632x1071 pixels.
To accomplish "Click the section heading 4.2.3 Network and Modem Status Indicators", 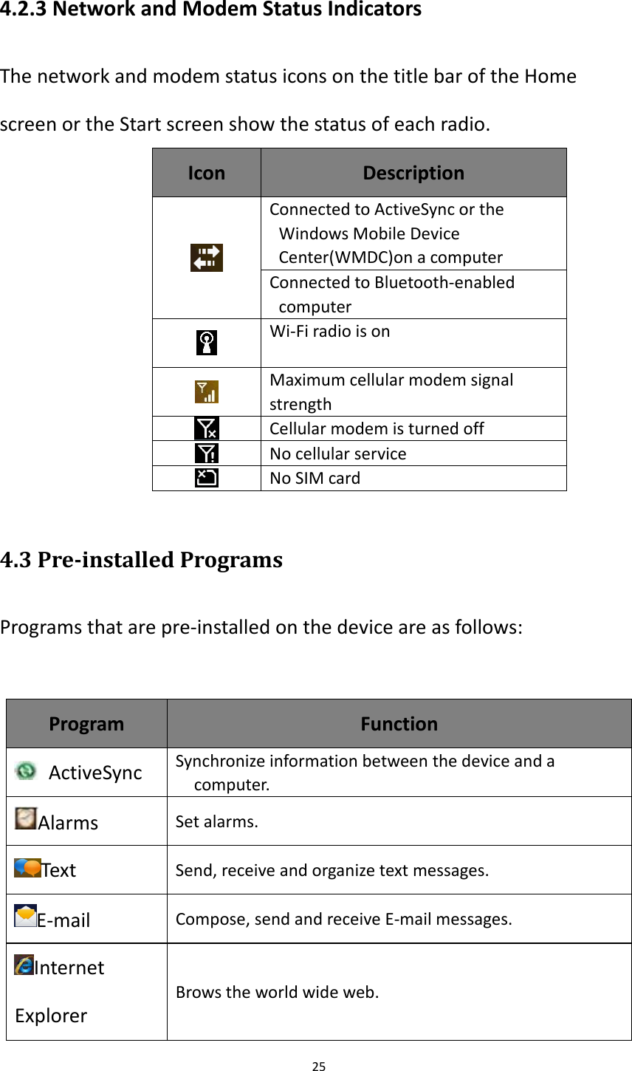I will [211, 10].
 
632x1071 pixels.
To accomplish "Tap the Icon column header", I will [207, 173].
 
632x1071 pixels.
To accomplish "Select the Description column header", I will [413, 173].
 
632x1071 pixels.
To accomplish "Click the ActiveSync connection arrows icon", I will [207, 258].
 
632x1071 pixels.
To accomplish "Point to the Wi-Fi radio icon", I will [207, 343].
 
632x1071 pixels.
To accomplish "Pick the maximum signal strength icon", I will [207, 391].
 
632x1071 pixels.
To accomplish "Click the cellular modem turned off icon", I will [207, 428].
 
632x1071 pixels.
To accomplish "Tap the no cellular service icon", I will [207, 453].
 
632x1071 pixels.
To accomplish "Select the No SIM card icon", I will [207, 478].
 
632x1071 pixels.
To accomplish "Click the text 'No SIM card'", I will [315, 478].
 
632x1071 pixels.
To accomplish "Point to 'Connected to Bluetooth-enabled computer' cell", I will [392, 294].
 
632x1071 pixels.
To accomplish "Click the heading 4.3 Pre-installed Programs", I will [142, 560].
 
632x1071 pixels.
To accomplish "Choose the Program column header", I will [86, 724].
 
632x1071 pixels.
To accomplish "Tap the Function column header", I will [399, 724].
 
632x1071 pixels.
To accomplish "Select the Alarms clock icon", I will [26, 818].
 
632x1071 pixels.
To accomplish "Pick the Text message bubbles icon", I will [27, 868].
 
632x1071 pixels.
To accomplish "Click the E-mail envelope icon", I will [26, 916].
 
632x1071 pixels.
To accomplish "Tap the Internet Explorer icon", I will [24, 965].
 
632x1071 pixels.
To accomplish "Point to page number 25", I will [318, 1066].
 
